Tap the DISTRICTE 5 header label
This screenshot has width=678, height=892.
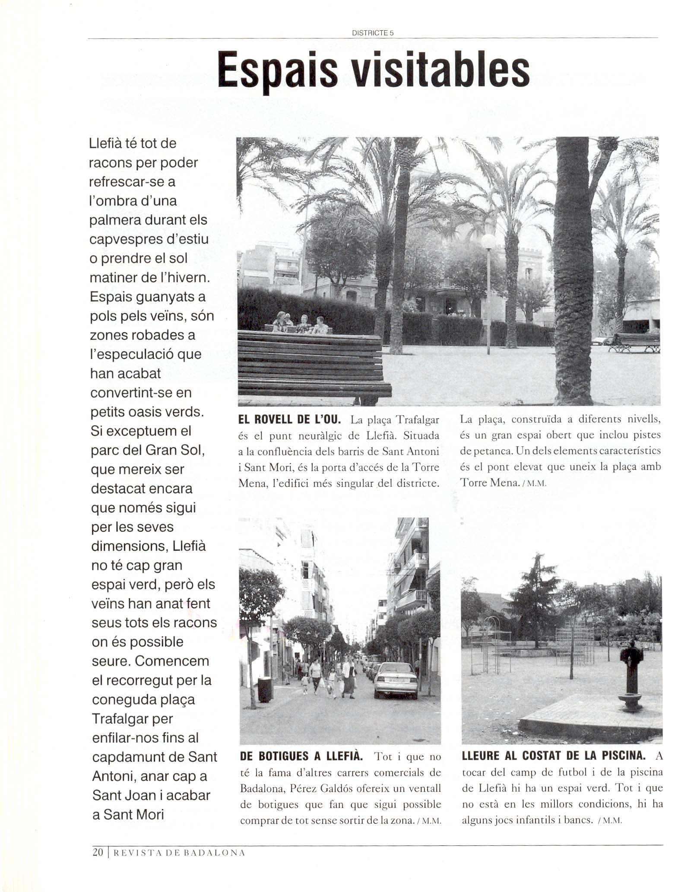pyautogui.click(x=373, y=33)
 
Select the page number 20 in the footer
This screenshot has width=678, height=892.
pyautogui.click(x=98, y=852)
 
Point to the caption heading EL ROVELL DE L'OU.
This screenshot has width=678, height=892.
pyautogui.click(x=290, y=419)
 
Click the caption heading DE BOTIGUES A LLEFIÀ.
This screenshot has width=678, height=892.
pyautogui.click(x=301, y=756)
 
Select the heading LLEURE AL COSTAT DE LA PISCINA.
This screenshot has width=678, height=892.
pyautogui.click(x=554, y=756)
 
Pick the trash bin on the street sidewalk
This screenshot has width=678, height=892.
pyautogui.click(x=264, y=689)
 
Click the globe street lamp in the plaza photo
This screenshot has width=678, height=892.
pyautogui.click(x=488, y=242)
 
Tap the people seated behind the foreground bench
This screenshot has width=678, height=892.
pyautogui.click(x=301, y=324)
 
